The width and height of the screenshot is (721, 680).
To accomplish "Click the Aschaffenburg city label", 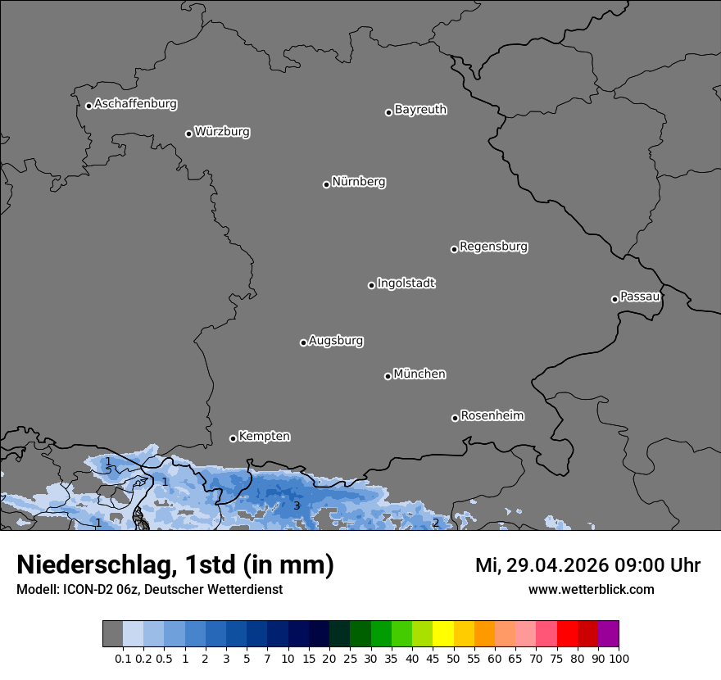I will [x=135, y=104].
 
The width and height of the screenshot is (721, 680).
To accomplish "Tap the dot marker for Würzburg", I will [x=188, y=134].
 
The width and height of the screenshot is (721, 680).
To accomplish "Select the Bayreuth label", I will [x=420, y=110].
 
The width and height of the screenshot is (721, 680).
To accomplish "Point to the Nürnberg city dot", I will [x=326, y=184].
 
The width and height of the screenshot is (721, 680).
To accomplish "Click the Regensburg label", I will [x=493, y=247].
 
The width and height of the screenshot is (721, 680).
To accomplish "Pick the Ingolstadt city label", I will [x=406, y=283].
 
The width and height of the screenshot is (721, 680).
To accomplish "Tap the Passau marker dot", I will [x=614, y=299].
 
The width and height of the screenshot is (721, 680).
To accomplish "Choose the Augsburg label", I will [x=336, y=341].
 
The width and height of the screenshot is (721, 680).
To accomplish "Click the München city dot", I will [x=388, y=377].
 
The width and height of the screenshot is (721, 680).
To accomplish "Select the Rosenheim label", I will [x=492, y=416].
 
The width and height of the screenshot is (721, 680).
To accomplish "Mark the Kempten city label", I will [x=264, y=437].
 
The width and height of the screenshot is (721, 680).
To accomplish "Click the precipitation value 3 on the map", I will [x=297, y=506].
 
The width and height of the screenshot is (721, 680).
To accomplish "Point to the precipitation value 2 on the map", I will [x=435, y=523].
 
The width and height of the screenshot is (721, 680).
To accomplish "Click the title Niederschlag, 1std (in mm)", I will [x=175, y=564].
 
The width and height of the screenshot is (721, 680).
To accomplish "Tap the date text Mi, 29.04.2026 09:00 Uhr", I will [x=587, y=565].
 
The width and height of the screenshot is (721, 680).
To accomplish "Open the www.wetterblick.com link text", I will [x=591, y=590].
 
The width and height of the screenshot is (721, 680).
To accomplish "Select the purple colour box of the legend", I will [x=608, y=634].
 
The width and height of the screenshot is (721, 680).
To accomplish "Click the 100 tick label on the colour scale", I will [x=619, y=658].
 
